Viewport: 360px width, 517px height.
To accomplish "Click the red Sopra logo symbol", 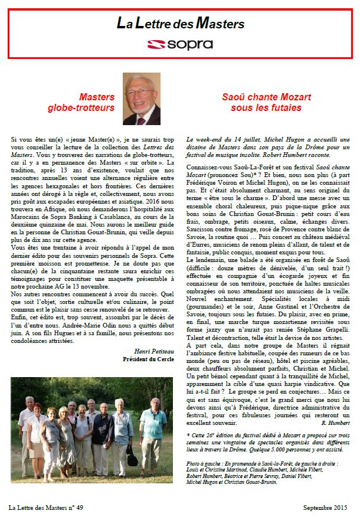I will (156, 44).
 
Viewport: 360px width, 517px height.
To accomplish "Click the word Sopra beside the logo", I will (188, 44).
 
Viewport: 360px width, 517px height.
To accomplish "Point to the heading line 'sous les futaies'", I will (266, 108).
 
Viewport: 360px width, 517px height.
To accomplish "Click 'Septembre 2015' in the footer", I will (324, 507).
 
